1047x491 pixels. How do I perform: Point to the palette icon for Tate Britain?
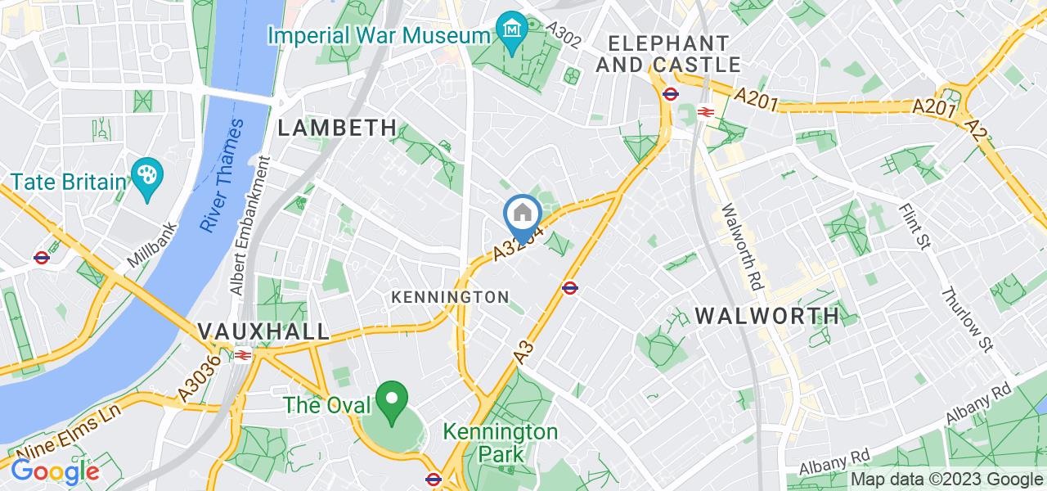(147, 177)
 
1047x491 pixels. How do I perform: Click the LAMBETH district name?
(337, 128)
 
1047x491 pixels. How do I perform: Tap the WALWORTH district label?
(767, 315)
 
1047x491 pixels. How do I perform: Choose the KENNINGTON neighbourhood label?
(450, 296)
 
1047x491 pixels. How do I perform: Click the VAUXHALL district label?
(263, 331)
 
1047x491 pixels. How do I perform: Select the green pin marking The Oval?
(393, 399)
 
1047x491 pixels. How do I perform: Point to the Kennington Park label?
(501, 442)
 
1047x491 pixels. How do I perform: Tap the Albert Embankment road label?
(251, 225)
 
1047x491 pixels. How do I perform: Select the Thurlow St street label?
(967, 321)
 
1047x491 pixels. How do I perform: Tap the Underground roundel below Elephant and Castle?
(670, 93)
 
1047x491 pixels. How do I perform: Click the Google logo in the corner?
(54, 471)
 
